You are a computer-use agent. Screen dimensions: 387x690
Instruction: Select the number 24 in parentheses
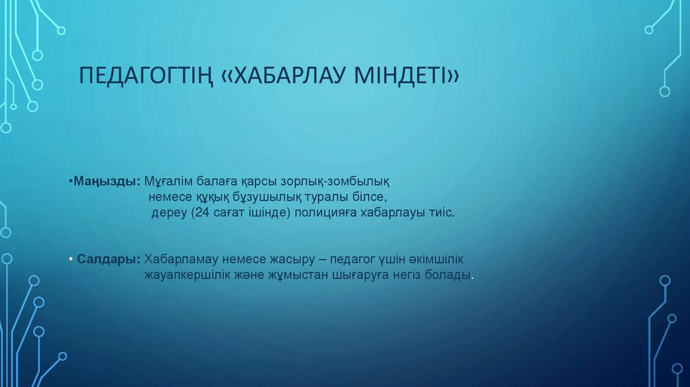click(x=201, y=212)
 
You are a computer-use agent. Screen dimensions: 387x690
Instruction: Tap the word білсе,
click(x=369, y=197)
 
